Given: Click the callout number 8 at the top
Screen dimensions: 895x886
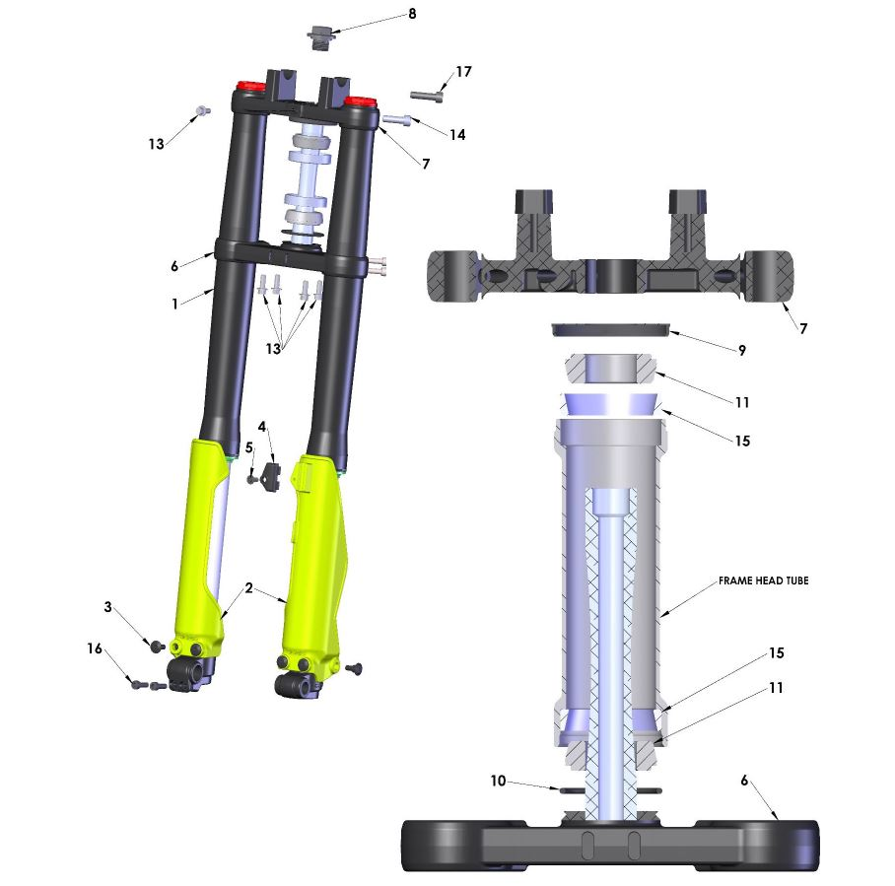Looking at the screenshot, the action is [412, 14].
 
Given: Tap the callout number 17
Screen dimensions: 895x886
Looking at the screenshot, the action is [463, 72].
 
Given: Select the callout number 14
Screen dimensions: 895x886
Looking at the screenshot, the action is [457, 135].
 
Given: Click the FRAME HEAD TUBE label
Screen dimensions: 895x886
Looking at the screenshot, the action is [763, 580].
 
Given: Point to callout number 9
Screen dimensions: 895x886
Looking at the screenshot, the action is [742, 350].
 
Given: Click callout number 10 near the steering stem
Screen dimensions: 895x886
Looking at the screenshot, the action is [499, 781].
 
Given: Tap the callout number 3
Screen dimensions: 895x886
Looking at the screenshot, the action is [107, 607].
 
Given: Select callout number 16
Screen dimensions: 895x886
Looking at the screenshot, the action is [95, 648].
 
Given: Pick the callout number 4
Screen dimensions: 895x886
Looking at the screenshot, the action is [262, 427].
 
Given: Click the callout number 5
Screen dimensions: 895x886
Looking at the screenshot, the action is [248, 448].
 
